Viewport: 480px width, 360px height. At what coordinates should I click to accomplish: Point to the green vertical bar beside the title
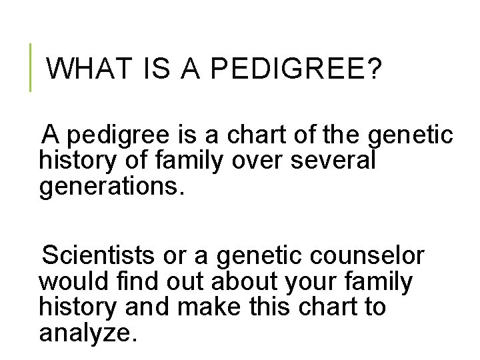31,67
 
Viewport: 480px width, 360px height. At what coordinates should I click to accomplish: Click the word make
200,307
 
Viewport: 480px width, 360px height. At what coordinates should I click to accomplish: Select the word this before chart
269,307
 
